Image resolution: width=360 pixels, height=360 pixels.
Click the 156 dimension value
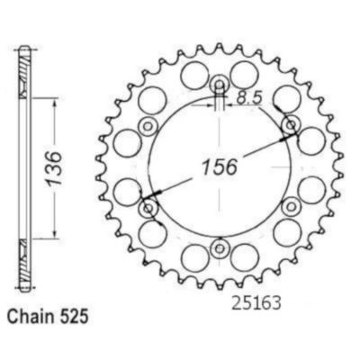click(x=220, y=166)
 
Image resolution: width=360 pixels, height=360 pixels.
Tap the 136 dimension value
click(x=54, y=168)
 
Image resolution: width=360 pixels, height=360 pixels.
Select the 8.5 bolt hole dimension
click(x=249, y=98)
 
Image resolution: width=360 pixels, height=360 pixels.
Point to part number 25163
click(x=256, y=303)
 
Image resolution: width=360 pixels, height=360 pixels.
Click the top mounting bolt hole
click(x=220, y=84)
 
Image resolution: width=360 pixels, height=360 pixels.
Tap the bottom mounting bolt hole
click(x=220, y=248)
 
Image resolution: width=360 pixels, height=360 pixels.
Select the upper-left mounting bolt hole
click(x=148, y=125)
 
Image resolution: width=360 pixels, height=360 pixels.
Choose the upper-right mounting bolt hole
click(x=291, y=125)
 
